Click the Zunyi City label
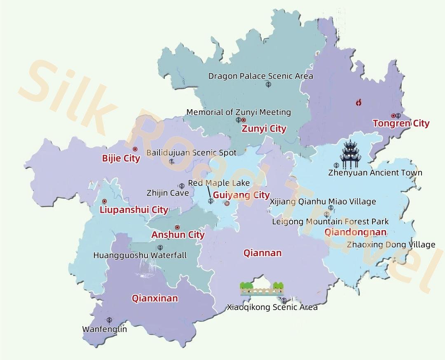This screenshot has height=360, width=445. pyautogui.click(x=264, y=129)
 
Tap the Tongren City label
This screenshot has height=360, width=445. pyautogui.click(x=401, y=123)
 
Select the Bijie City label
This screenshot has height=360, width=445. pyautogui.click(x=121, y=158)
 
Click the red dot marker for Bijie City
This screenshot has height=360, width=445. pyautogui.click(x=135, y=149)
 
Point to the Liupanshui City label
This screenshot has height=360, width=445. pyautogui.click(x=134, y=210)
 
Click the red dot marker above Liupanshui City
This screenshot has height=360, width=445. pyautogui.click(x=104, y=201)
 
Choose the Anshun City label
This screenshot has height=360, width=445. pyautogui.click(x=178, y=235)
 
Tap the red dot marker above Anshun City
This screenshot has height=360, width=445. pyautogui.click(x=177, y=227)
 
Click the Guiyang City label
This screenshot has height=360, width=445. pyautogui.click(x=241, y=195)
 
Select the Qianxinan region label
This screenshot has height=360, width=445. pyautogui.click(x=155, y=298)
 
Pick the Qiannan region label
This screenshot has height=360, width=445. pyautogui.click(x=262, y=253)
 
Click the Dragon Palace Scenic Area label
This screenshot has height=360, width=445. pyautogui.click(x=260, y=76)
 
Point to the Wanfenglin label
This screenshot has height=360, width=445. pyautogui.click(x=105, y=329)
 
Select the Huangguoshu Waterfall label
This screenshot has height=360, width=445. pyautogui.click(x=140, y=256)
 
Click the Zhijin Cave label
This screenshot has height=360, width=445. pyautogui.click(x=168, y=193)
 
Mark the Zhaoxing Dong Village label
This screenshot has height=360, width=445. pyautogui.click(x=391, y=245)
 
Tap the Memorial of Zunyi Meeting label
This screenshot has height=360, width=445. pyautogui.click(x=239, y=112)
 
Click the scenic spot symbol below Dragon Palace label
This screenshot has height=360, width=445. pyautogui.click(x=268, y=85)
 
